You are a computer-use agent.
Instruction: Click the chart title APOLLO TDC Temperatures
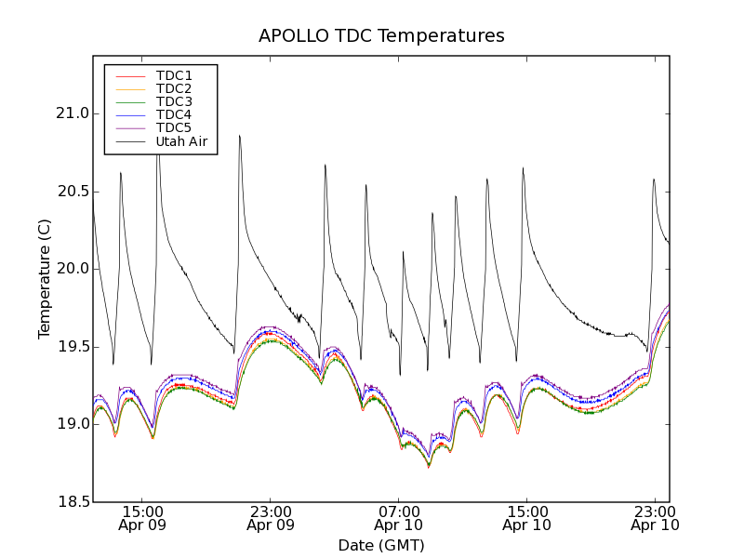[x=381, y=36]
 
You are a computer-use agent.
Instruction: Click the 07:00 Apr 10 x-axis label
[x=399, y=518]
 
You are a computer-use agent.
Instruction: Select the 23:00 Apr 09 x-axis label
[x=271, y=518]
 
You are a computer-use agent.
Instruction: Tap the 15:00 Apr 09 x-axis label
[x=142, y=518]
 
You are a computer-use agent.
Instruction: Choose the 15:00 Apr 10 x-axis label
[x=526, y=518]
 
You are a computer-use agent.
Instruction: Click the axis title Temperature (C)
[x=45, y=279]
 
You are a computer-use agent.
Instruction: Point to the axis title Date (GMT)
[x=381, y=545]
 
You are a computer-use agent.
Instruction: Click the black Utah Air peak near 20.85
[x=239, y=136]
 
